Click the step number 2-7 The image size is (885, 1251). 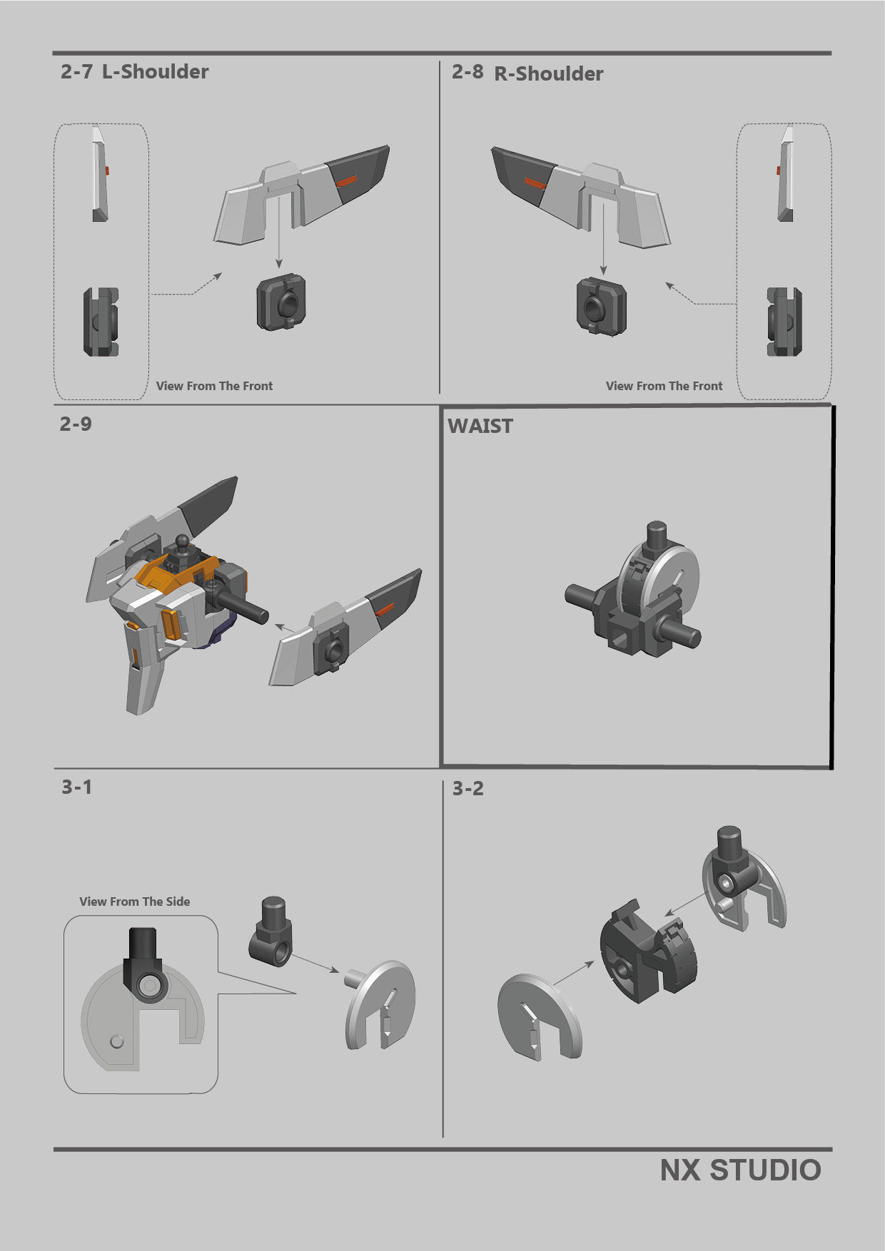76,71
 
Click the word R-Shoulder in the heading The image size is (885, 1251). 548,73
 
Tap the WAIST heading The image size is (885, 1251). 480,426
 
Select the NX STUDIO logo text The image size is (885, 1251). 740,1170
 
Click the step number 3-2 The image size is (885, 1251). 467,788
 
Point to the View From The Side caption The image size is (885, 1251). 134,902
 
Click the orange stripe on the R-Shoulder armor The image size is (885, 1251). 535,184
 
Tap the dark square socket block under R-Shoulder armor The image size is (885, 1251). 602,307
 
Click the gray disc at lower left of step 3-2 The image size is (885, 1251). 539,1016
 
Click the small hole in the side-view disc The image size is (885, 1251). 117,1041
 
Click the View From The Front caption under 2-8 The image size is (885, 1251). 664,386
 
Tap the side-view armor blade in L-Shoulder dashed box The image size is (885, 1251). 99,175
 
